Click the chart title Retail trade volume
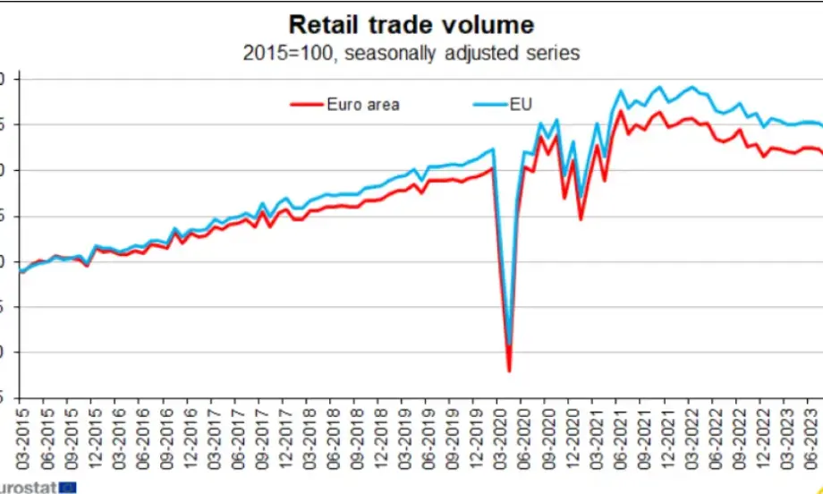point(411,23)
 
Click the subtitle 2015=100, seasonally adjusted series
point(411,53)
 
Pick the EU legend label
point(521,105)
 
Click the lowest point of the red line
point(509,370)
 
